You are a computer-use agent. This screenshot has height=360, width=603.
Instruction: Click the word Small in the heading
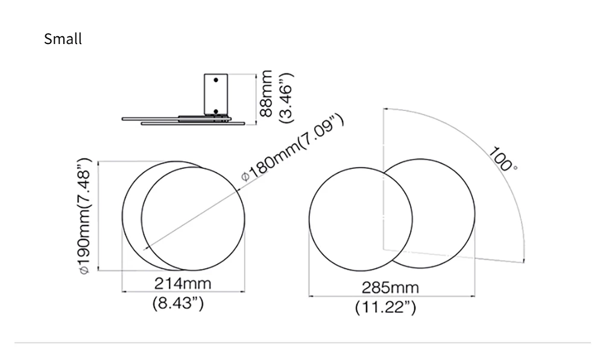[63, 39]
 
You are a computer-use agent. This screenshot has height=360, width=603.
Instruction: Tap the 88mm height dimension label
[266, 93]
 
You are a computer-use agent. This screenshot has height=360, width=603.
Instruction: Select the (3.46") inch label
[286, 98]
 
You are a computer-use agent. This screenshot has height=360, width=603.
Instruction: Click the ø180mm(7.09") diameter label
[292, 147]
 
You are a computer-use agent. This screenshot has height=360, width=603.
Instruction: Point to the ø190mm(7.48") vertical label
[84, 216]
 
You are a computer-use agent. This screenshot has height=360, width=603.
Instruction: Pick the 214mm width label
[183, 283]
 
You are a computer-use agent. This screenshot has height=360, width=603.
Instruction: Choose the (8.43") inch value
[178, 303]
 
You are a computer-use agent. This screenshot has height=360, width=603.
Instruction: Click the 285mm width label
[390, 288]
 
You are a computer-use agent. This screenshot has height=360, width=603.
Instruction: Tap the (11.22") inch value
[385, 308]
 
